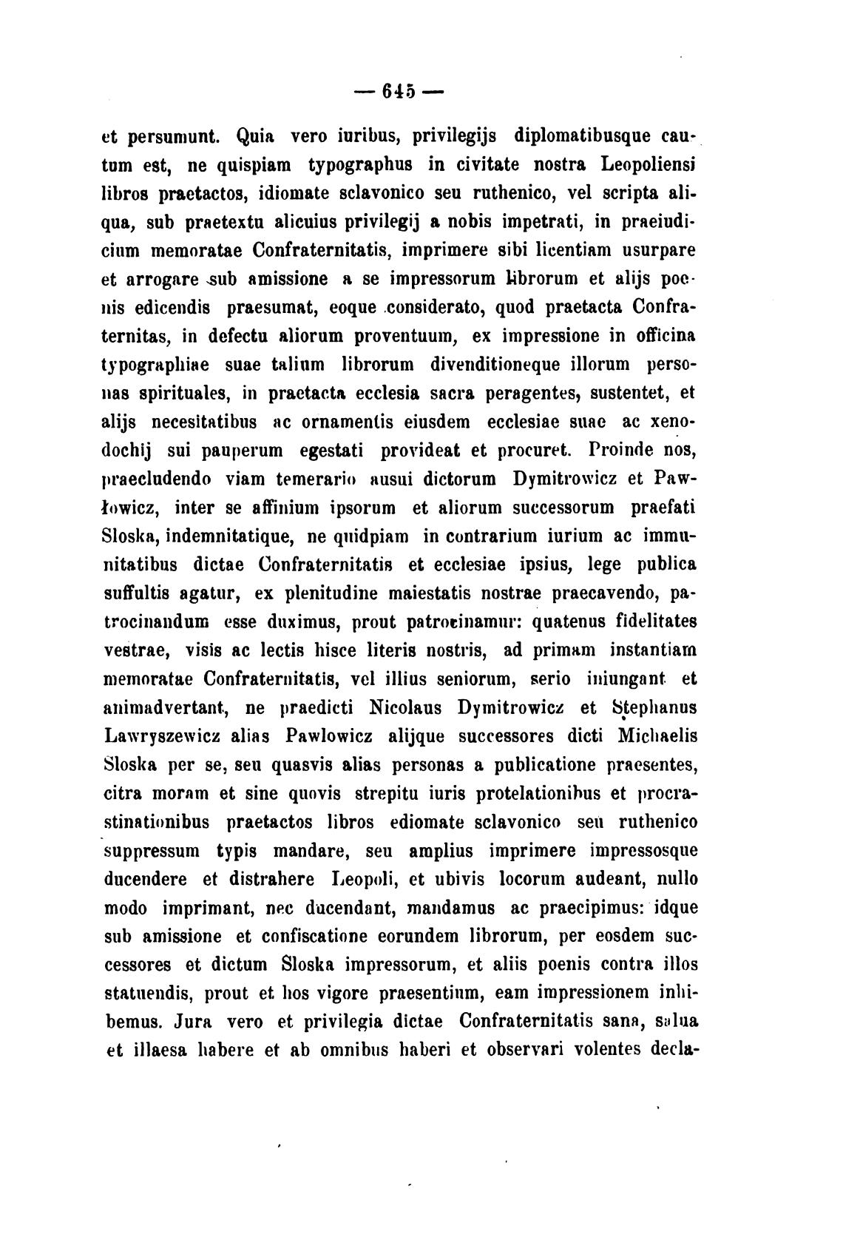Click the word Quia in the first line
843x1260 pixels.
256,136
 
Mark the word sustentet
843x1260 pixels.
641,392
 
